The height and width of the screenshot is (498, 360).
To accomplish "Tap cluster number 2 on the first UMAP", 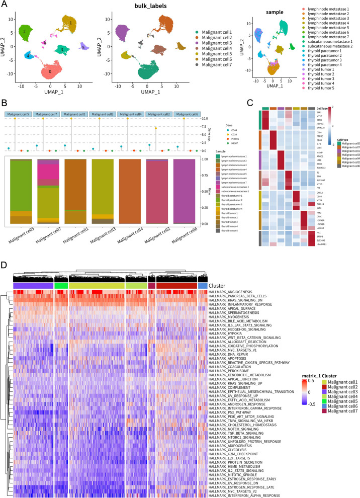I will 24,31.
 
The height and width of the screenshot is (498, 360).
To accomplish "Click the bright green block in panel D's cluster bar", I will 60,286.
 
